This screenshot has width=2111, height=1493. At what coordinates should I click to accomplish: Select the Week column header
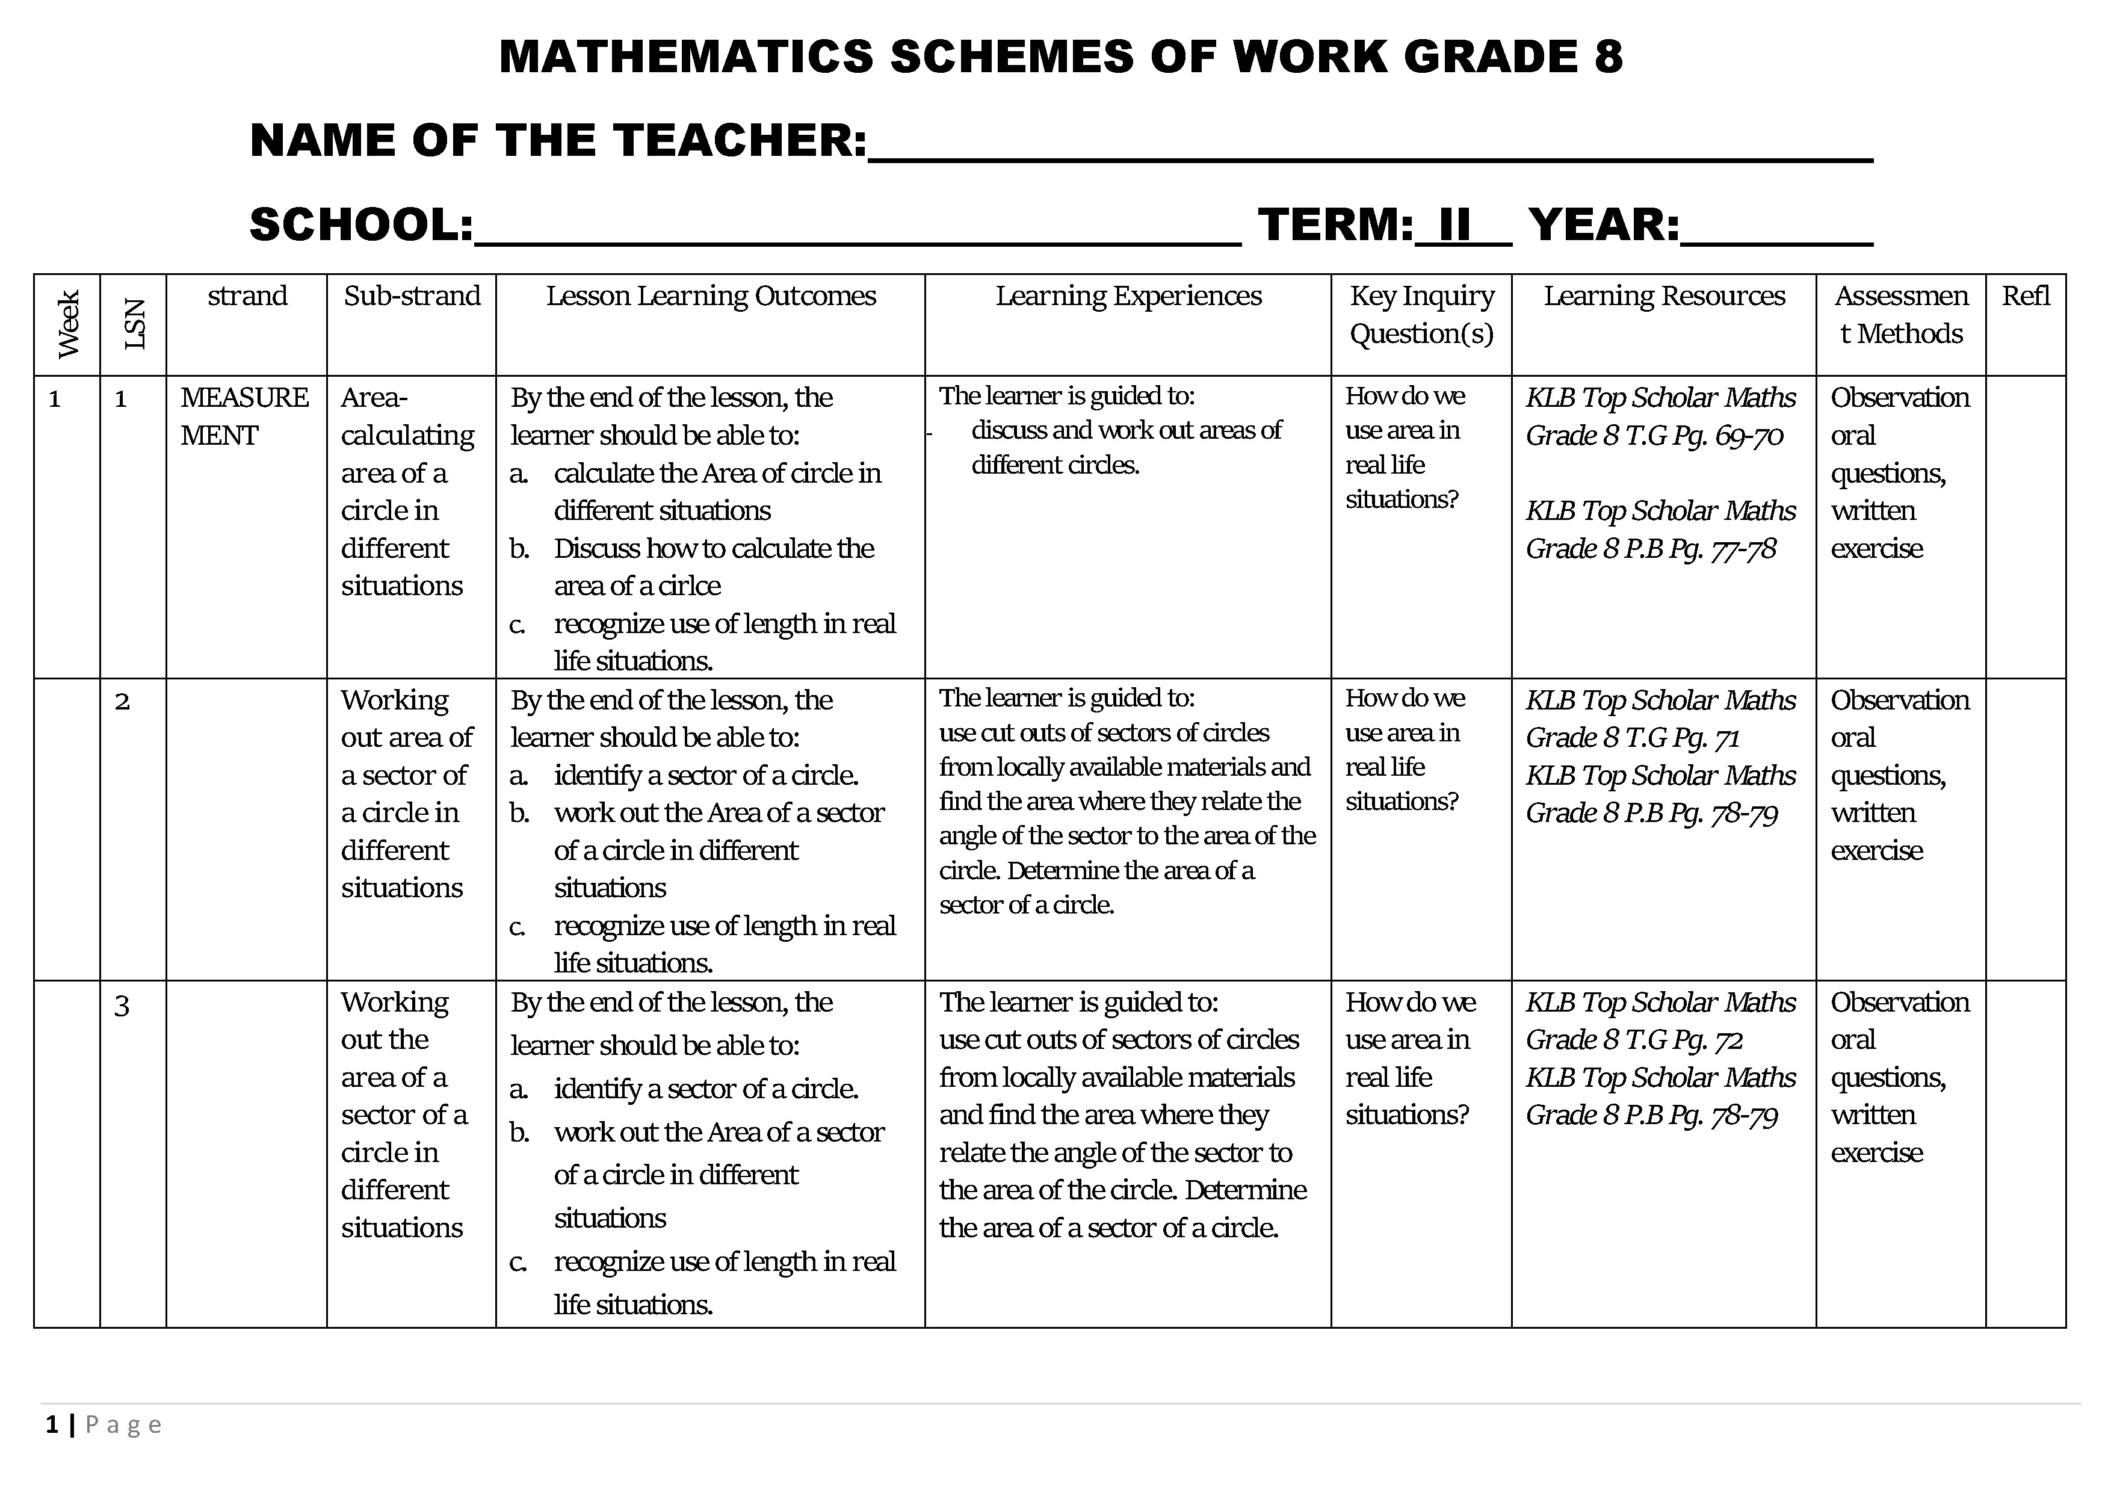68,324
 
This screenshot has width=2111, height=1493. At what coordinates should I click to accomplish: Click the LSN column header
134,324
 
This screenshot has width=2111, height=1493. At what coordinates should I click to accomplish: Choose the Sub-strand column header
412,296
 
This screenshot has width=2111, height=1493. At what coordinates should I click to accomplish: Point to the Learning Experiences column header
1128,296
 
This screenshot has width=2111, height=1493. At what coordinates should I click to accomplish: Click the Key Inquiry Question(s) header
1421,314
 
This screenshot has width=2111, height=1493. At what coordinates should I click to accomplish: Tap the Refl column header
2026,296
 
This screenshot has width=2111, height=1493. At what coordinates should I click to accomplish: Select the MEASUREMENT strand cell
244,416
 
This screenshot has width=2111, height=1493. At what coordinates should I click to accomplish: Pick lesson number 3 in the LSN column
122,1005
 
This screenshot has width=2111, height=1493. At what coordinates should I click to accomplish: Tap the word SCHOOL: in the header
361,225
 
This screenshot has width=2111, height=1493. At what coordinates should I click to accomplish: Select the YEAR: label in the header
1604,225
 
